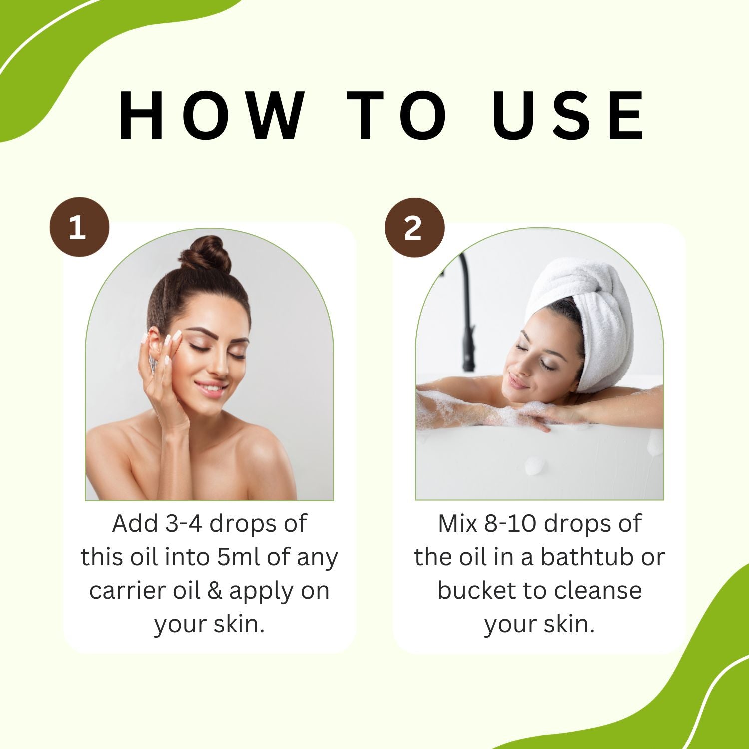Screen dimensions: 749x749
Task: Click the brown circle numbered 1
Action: coord(79,228)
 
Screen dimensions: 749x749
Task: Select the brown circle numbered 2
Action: coord(414,228)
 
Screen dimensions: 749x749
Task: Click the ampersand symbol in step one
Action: coord(214,591)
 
